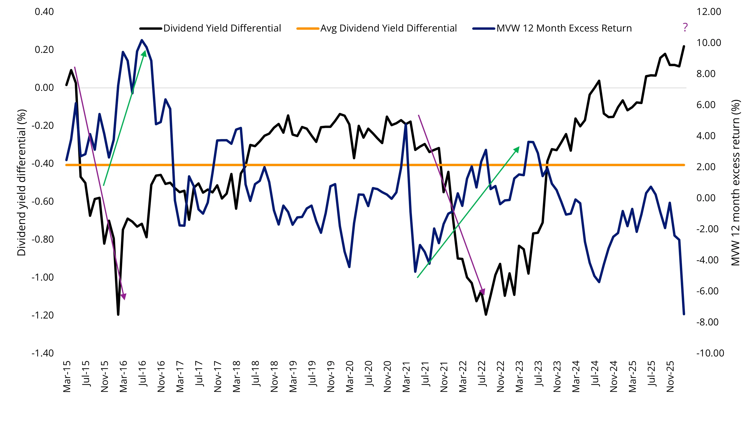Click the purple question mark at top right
[685, 27]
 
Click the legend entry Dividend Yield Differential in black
[222, 28]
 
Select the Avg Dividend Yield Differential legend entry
[388, 28]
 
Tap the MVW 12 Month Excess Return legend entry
[564, 28]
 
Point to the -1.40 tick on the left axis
[43, 353]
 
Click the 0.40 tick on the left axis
[44, 12]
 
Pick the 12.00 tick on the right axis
[708, 12]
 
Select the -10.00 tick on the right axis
[710, 353]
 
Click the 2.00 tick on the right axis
[706, 167]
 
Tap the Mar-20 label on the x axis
[350, 376]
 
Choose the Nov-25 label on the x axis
[670, 376]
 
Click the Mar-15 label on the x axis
[67, 376]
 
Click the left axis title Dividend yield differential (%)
[22, 182]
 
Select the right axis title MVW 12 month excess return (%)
[735, 182]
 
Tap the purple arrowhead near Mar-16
[124, 297]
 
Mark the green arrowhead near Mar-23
[517, 150]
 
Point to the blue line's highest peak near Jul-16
[142, 40]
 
